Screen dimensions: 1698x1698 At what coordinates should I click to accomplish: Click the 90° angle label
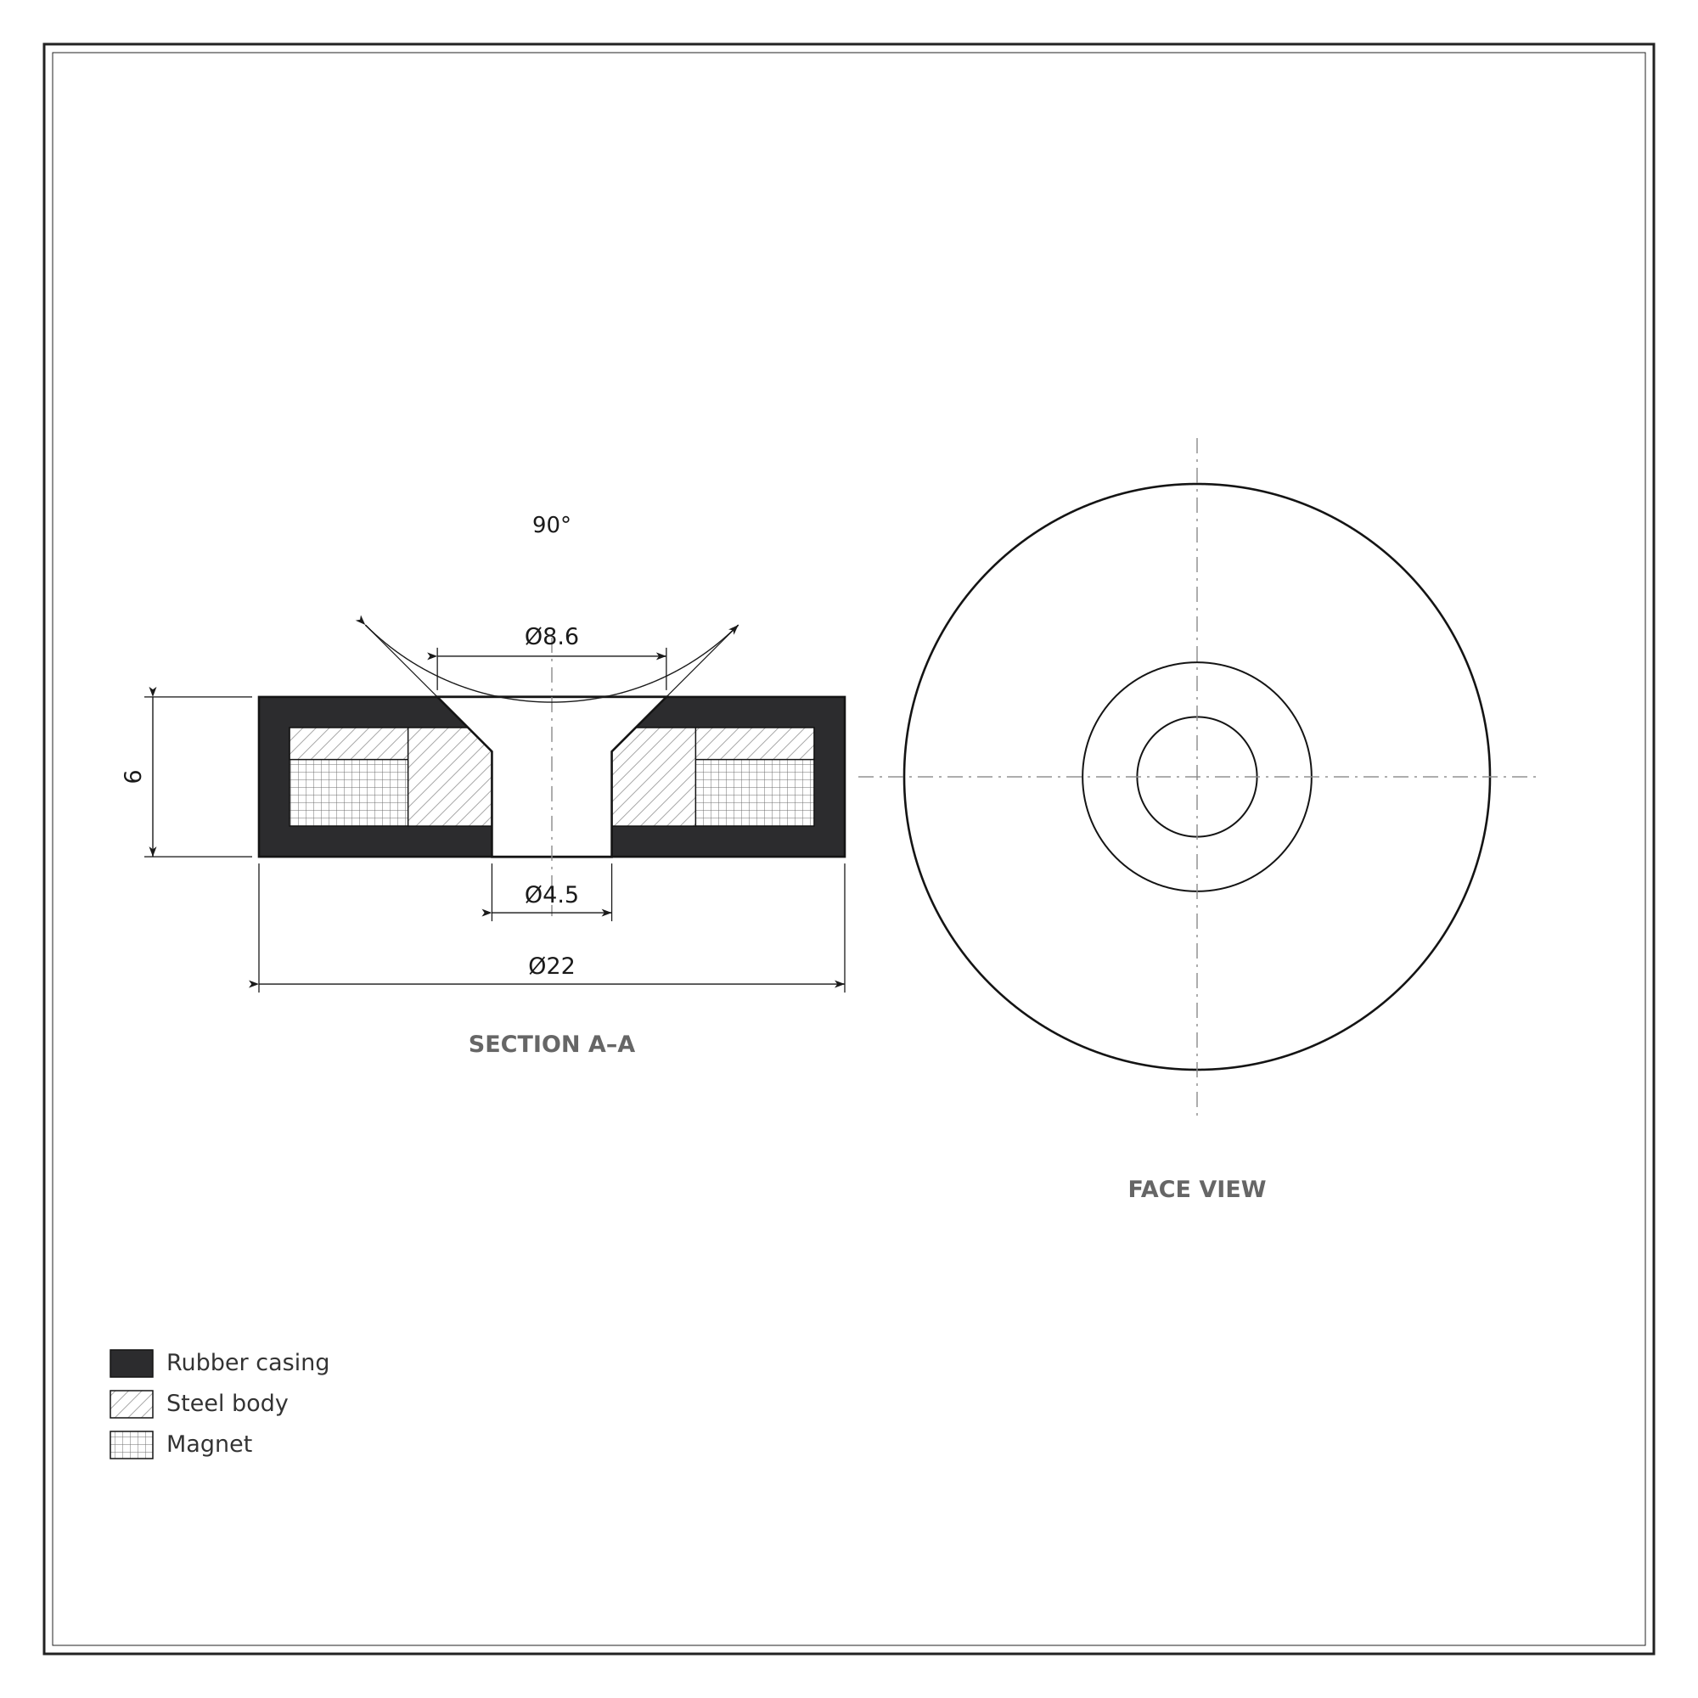click(x=551, y=526)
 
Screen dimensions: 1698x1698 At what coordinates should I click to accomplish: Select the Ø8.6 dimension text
click(x=551, y=638)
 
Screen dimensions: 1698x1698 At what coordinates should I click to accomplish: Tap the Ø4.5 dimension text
click(x=551, y=896)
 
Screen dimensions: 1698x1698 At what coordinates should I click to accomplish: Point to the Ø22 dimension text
click(x=551, y=967)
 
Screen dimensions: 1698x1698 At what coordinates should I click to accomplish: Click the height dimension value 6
click(x=132, y=777)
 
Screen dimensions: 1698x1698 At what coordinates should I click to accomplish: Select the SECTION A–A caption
click(x=551, y=1045)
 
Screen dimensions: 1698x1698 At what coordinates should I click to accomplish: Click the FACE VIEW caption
click(x=1196, y=1190)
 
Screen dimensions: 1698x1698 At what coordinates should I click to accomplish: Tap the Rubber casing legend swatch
click(x=131, y=1363)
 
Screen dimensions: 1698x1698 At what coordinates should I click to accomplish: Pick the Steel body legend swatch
click(x=131, y=1403)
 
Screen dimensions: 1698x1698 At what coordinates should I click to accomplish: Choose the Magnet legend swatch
click(x=131, y=1444)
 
